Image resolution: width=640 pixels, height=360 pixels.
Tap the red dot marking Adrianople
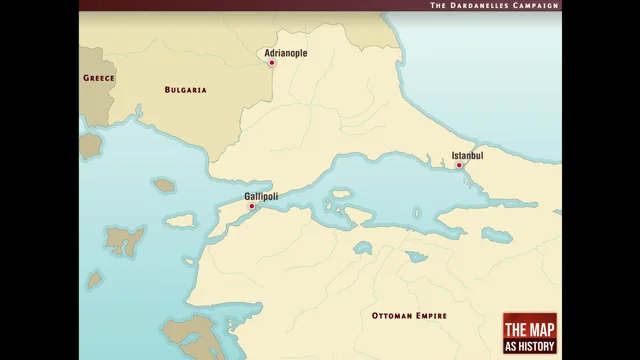point(271,63)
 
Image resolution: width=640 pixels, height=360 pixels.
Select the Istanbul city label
point(467,155)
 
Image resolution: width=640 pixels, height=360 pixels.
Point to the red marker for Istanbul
point(459,166)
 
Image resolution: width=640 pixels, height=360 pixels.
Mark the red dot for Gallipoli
point(252,207)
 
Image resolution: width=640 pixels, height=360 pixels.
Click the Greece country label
point(99,77)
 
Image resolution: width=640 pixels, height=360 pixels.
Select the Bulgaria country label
point(185,90)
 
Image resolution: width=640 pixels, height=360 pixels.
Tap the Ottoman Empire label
point(409,316)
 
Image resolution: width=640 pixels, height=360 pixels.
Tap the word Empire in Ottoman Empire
point(431,316)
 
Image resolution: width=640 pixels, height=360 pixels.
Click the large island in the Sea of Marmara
point(342,194)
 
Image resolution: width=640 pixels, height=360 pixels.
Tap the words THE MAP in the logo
point(530,329)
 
